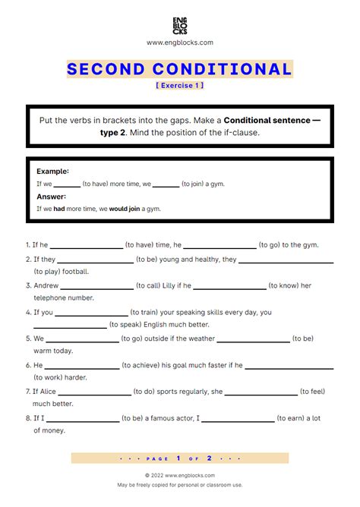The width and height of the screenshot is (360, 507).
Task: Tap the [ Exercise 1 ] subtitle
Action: click(x=180, y=85)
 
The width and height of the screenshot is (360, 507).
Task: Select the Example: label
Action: click(x=52, y=172)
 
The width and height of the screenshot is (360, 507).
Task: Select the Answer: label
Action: click(x=52, y=196)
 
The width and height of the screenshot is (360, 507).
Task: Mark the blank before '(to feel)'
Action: click(x=261, y=393)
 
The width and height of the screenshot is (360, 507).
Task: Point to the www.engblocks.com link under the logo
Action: click(x=180, y=43)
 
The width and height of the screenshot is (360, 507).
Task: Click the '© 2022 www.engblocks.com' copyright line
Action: click(x=180, y=475)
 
